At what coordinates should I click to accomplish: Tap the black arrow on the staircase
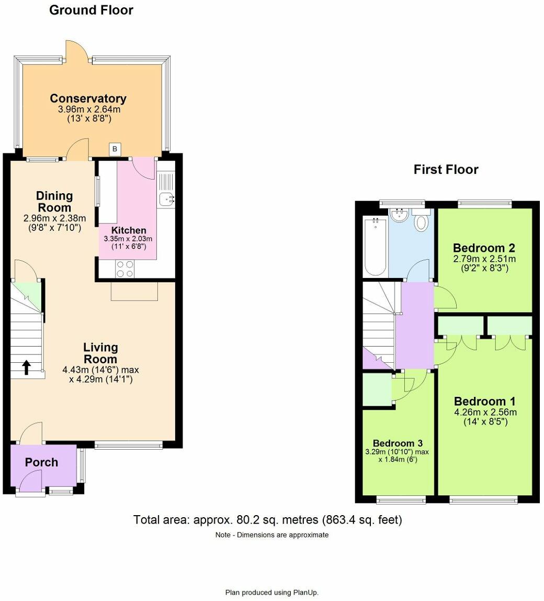[x=26, y=368]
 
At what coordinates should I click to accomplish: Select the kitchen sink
[x=166, y=198]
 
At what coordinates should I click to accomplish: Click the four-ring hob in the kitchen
[x=125, y=269]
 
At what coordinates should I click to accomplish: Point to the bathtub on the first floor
[x=375, y=247]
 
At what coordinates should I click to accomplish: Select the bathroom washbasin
[x=400, y=215]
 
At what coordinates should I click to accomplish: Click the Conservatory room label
[x=88, y=98]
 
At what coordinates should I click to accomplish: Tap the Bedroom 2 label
[x=484, y=248]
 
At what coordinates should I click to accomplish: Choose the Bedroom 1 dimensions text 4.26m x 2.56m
[x=485, y=412]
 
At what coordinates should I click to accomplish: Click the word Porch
[x=42, y=462]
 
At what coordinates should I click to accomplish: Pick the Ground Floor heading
[x=91, y=10]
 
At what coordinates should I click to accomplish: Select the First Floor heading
[x=446, y=169]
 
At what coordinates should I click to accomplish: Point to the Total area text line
[x=267, y=520]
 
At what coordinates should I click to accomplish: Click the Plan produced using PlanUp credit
[x=271, y=592]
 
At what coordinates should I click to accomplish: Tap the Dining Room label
[x=54, y=202]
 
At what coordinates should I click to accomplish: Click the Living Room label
[x=100, y=353]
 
